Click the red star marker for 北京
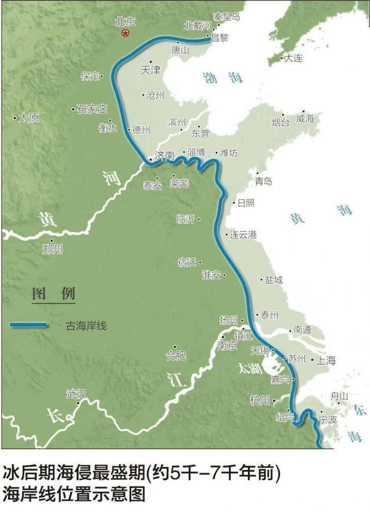pos(125,33)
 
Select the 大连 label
pos(293,58)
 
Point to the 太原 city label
pos(29,118)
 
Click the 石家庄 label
pos(92,109)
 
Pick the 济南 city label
pos(164,156)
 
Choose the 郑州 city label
pos(53,249)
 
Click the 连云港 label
pos(244,235)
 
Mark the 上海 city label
pos(325,360)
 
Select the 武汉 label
pos(76,394)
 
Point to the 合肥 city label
pos(176,353)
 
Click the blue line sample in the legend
pos(28,326)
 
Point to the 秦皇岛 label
pos(226,17)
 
